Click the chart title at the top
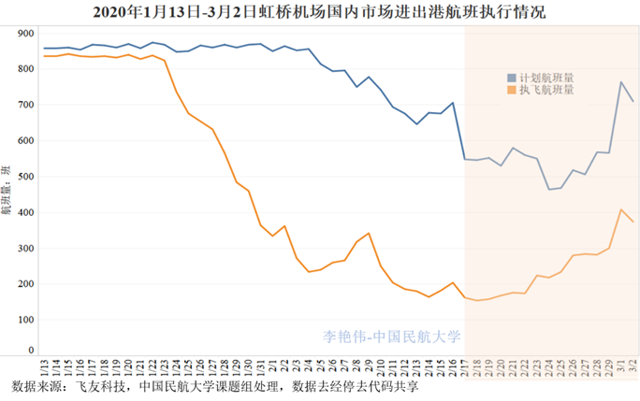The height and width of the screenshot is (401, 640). point(320,12)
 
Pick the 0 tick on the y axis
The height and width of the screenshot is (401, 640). point(31,352)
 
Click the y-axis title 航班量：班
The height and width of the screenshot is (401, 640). point(7,193)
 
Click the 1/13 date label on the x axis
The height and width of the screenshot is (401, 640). point(44,366)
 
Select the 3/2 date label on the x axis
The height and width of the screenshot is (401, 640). point(633,366)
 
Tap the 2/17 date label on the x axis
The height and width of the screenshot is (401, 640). point(465,366)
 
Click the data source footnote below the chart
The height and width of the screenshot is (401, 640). point(213,387)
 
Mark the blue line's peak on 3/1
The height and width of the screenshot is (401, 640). point(621,82)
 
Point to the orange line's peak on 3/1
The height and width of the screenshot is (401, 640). point(621,209)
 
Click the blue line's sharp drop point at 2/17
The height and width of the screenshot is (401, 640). point(465,159)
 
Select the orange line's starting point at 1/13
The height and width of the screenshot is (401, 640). point(44,56)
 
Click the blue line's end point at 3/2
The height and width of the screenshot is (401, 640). point(633,101)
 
